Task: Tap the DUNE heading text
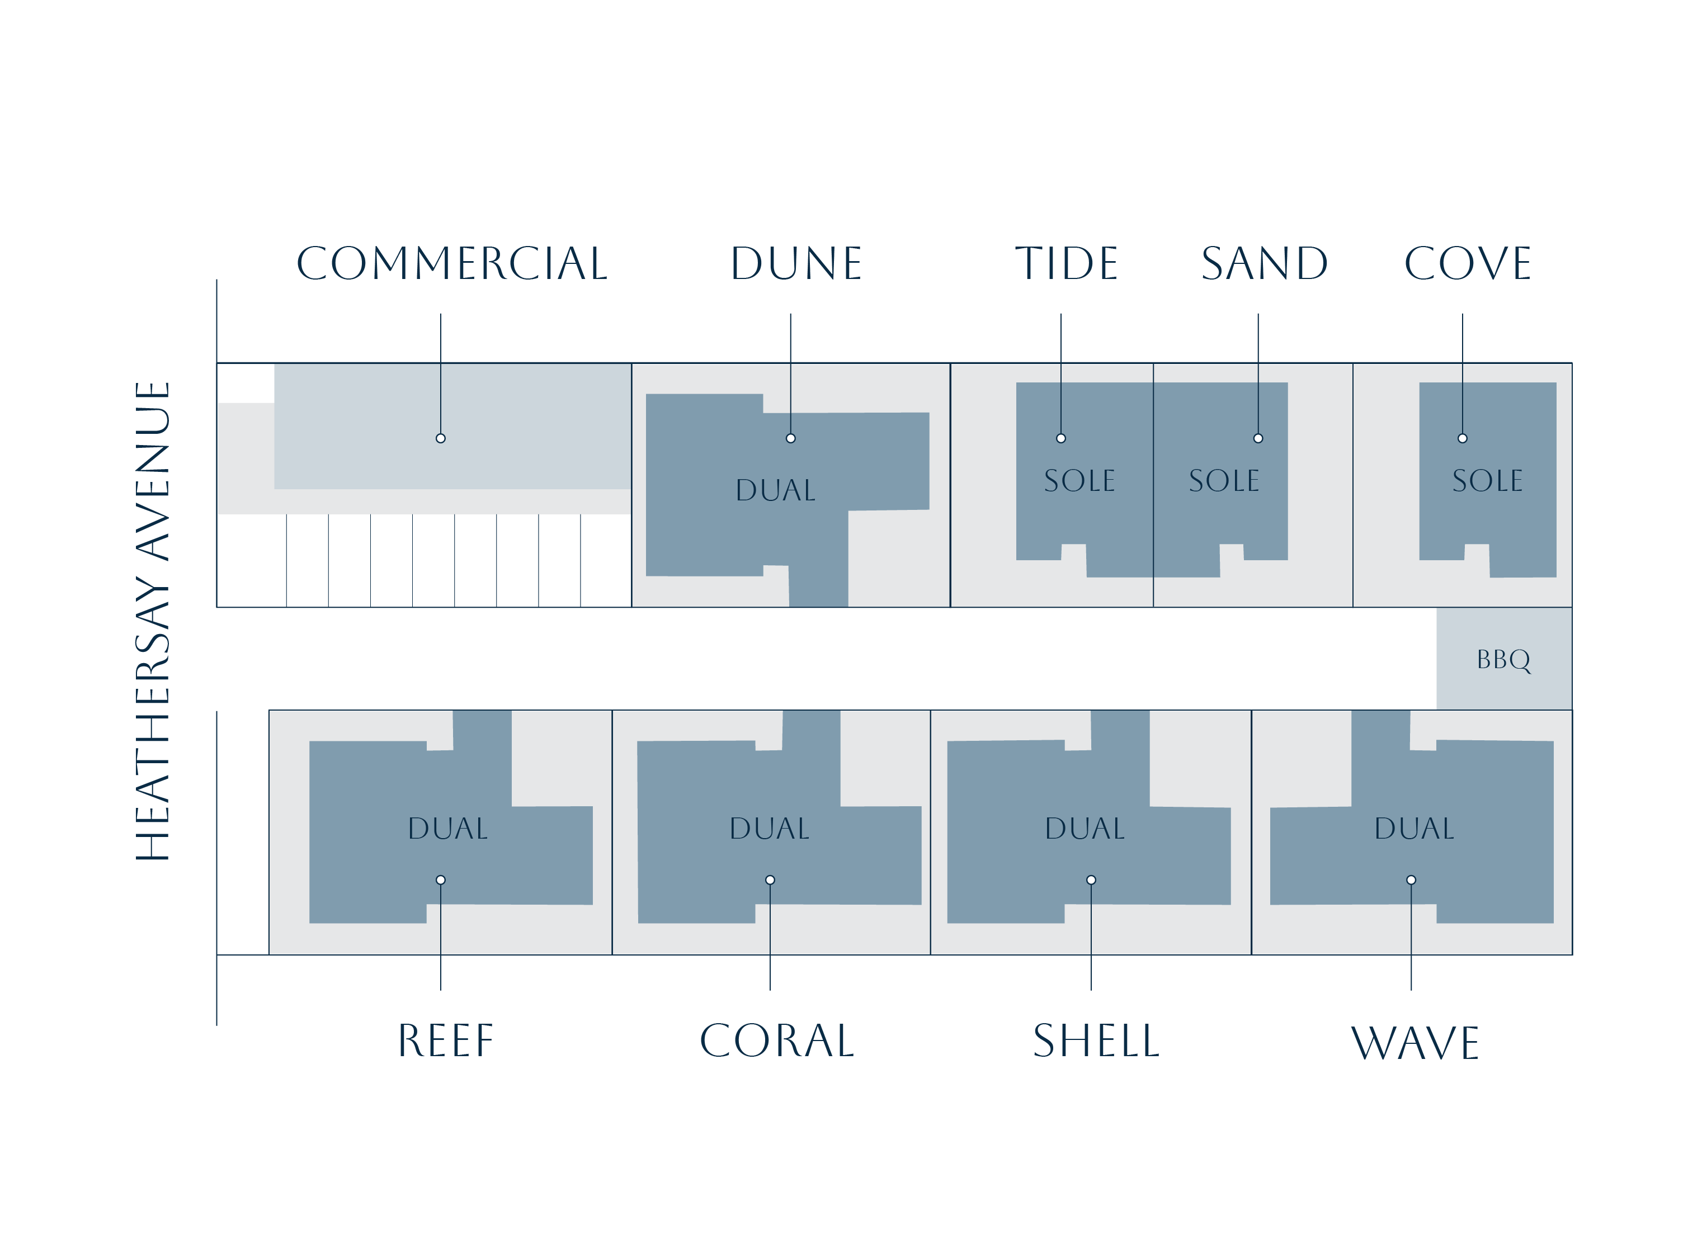coord(795,263)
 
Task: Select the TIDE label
coord(1066,263)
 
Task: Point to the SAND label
coord(1264,263)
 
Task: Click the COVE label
coord(1467,263)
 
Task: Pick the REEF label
coord(446,1041)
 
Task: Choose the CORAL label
coord(776,1041)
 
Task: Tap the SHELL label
coord(1096,1041)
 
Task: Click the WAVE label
coord(1414,1043)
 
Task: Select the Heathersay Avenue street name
coord(152,621)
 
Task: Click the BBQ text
coord(1503,659)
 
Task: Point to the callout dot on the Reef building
coord(440,880)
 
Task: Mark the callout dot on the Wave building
coord(1411,880)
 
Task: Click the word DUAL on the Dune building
coord(776,490)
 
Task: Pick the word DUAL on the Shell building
coord(1084,829)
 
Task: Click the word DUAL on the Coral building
coord(769,829)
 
